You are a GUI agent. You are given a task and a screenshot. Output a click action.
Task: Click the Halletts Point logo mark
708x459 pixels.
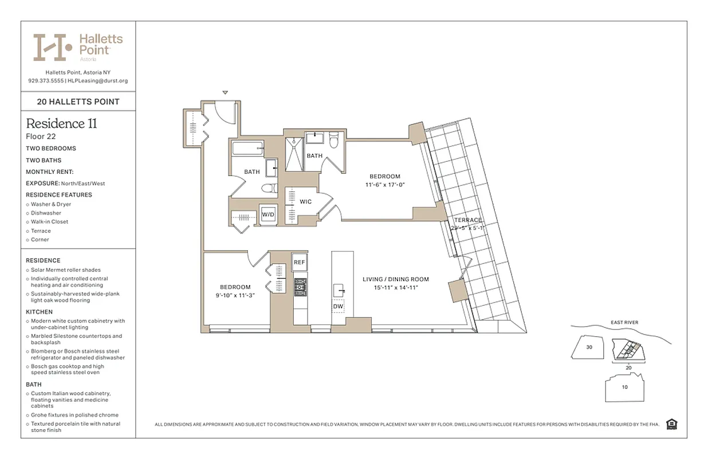(53, 47)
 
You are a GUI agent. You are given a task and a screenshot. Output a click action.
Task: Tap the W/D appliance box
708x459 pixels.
(268, 215)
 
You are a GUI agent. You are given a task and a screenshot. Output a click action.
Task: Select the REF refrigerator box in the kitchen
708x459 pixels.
(299, 262)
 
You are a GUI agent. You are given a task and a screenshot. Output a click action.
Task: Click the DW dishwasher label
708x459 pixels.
(338, 306)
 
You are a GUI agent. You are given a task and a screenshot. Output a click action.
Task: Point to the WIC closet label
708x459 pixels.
(305, 202)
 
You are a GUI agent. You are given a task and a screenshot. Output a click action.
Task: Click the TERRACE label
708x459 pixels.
(468, 220)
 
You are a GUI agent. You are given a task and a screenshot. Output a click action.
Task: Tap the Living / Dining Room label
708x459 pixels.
(395, 279)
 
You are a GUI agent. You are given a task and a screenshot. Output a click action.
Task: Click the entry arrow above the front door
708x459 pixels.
(225, 92)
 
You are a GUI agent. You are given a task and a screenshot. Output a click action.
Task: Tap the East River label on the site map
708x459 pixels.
(624, 322)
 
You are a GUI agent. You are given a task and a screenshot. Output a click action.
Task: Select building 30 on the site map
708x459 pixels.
(589, 347)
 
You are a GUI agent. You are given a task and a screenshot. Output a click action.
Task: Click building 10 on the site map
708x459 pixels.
(624, 387)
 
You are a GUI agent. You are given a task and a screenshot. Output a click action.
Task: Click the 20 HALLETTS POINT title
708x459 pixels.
(78, 102)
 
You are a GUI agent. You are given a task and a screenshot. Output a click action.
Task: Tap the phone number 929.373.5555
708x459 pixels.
(46, 81)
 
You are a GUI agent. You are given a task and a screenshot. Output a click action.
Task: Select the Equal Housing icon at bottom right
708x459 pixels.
(672, 425)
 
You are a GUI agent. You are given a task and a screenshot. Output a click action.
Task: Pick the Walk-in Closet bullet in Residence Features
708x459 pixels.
(50, 221)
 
